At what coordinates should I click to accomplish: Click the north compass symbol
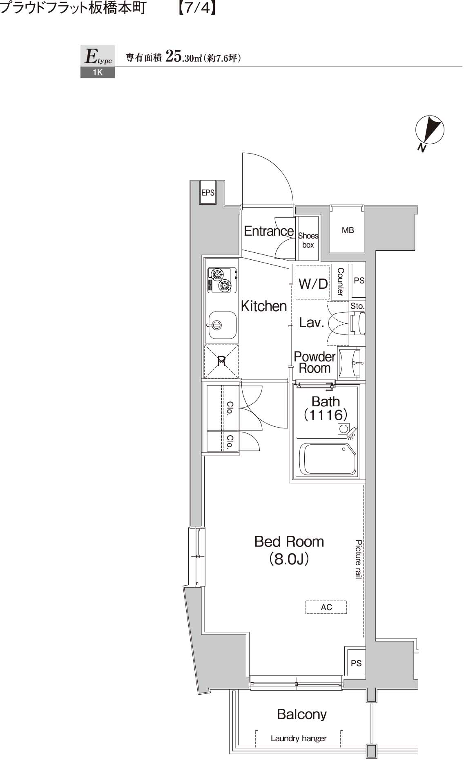pyautogui.click(x=429, y=130)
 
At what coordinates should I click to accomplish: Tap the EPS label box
pyautogui.click(x=207, y=192)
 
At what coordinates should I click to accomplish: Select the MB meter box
pyautogui.click(x=347, y=230)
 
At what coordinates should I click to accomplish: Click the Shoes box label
pyautogui.click(x=308, y=240)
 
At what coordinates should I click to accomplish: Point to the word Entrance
pyautogui.click(x=268, y=231)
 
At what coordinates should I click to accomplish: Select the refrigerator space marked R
pyautogui.click(x=221, y=361)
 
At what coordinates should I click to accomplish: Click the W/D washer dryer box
pyautogui.click(x=312, y=283)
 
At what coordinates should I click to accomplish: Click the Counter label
pyautogui.click(x=340, y=281)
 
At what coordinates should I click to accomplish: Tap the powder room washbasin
pyautogui.click(x=350, y=362)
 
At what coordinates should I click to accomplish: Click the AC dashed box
pyautogui.click(x=326, y=607)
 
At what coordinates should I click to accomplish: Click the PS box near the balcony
pyautogui.click(x=355, y=663)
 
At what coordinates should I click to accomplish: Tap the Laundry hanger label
pyautogui.click(x=299, y=738)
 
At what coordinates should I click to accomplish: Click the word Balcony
pyautogui.click(x=301, y=714)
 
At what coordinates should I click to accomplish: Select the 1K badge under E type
pyautogui.click(x=97, y=73)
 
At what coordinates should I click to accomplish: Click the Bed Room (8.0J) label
pyautogui.click(x=289, y=550)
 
